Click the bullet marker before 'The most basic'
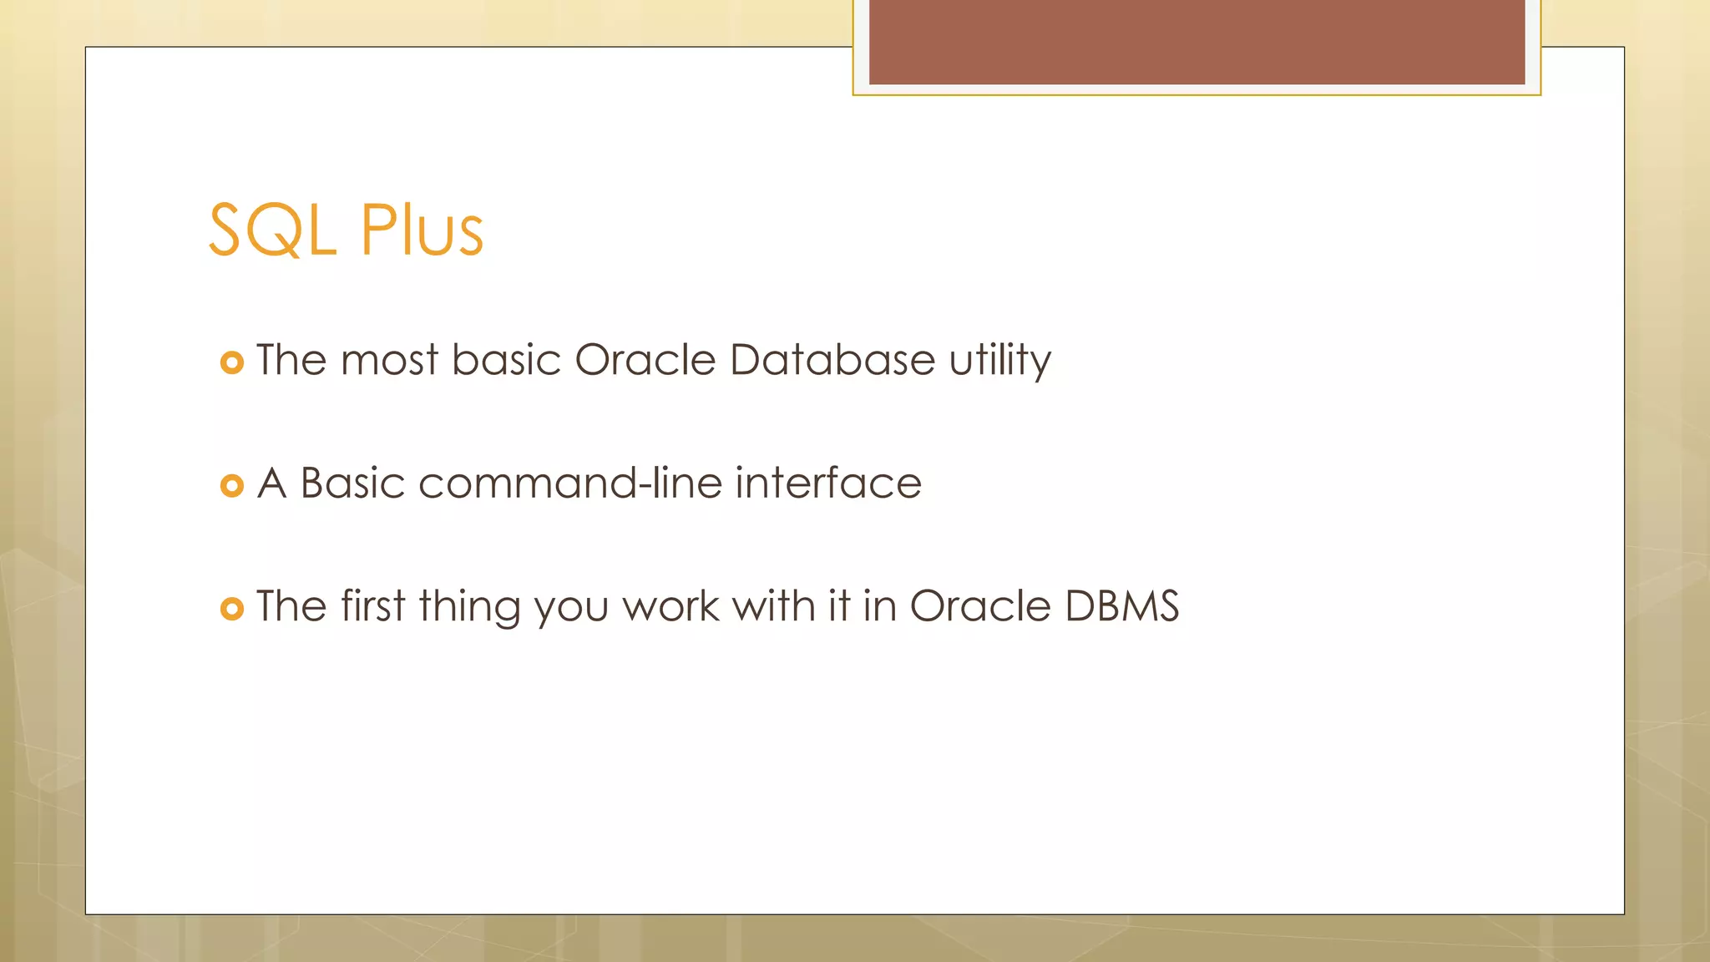coord(231,362)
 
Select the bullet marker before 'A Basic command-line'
coord(231,485)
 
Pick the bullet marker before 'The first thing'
coord(231,609)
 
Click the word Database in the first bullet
coord(832,360)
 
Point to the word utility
coord(999,362)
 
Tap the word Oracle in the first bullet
coord(645,360)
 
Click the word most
coord(389,361)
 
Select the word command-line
coord(569,483)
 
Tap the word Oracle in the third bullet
coord(979,606)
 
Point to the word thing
coord(470,608)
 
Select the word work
coord(670,606)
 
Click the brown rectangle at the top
coord(1196,42)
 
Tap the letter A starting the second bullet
coord(271,483)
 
